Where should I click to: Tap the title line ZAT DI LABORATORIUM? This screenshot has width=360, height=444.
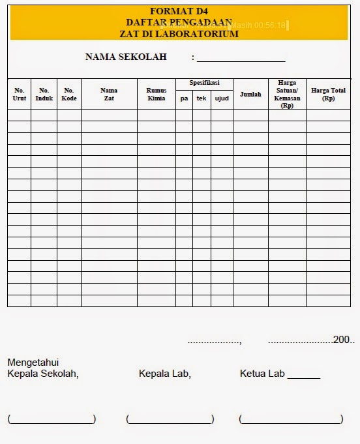pyautogui.click(x=179, y=34)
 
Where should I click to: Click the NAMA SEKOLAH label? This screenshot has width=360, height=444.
pyautogui.click(x=126, y=57)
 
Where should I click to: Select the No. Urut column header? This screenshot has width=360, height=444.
pyautogui.click(x=20, y=94)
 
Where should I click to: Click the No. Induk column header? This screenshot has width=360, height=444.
pyautogui.click(x=44, y=94)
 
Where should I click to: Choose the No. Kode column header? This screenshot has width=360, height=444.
pyautogui.click(x=69, y=94)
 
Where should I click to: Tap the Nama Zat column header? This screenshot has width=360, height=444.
pyautogui.click(x=109, y=94)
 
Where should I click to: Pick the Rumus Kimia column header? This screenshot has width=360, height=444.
pyautogui.click(x=157, y=94)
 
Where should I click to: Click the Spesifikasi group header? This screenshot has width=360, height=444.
pyautogui.click(x=204, y=83)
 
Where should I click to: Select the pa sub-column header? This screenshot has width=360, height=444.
pyautogui.click(x=184, y=98)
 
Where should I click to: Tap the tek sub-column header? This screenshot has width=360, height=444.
pyautogui.click(x=202, y=98)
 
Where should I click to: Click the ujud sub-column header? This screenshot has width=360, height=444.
pyautogui.click(x=222, y=98)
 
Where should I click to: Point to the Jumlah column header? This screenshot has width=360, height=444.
pyautogui.click(x=250, y=95)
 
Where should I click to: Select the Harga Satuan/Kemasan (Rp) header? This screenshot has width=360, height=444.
pyautogui.click(x=287, y=94)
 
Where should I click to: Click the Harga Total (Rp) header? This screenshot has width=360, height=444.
pyautogui.click(x=328, y=94)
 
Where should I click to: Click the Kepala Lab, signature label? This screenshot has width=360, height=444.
pyautogui.click(x=164, y=374)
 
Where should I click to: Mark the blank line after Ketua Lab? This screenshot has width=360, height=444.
pyautogui.click(x=303, y=376)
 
